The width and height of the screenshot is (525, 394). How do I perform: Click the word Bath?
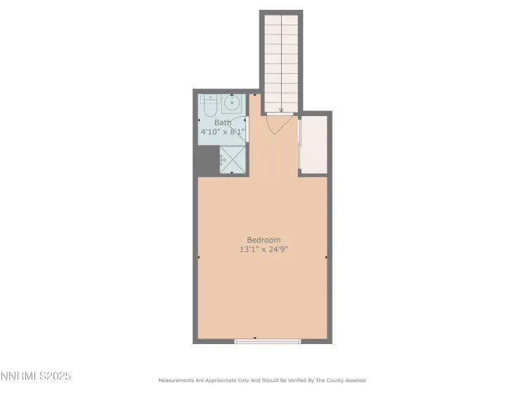tap(222, 123)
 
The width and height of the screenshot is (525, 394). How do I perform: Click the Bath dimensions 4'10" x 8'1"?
tap(222, 132)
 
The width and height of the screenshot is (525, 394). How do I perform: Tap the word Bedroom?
tap(263, 240)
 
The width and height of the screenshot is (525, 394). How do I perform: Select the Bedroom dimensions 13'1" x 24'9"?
tap(263, 249)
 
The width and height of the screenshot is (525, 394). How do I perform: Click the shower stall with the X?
tap(233, 160)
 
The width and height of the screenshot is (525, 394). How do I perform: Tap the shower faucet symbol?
tap(221, 160)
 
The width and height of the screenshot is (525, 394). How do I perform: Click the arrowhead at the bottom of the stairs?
tap(281, 110)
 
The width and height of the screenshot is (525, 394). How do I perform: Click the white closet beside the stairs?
tap(314, 144)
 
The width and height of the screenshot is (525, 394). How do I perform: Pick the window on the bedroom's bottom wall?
tap(267, 341)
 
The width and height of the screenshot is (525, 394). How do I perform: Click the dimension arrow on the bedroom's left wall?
tap(200, 258)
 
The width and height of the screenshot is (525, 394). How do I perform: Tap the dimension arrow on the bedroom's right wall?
tap(326, 258)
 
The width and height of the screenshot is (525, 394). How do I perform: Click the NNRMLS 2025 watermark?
tap(36, 376)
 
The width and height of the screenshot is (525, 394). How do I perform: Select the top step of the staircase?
tap(281, 20)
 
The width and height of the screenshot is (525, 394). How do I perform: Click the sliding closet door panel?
tap(300, 144)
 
